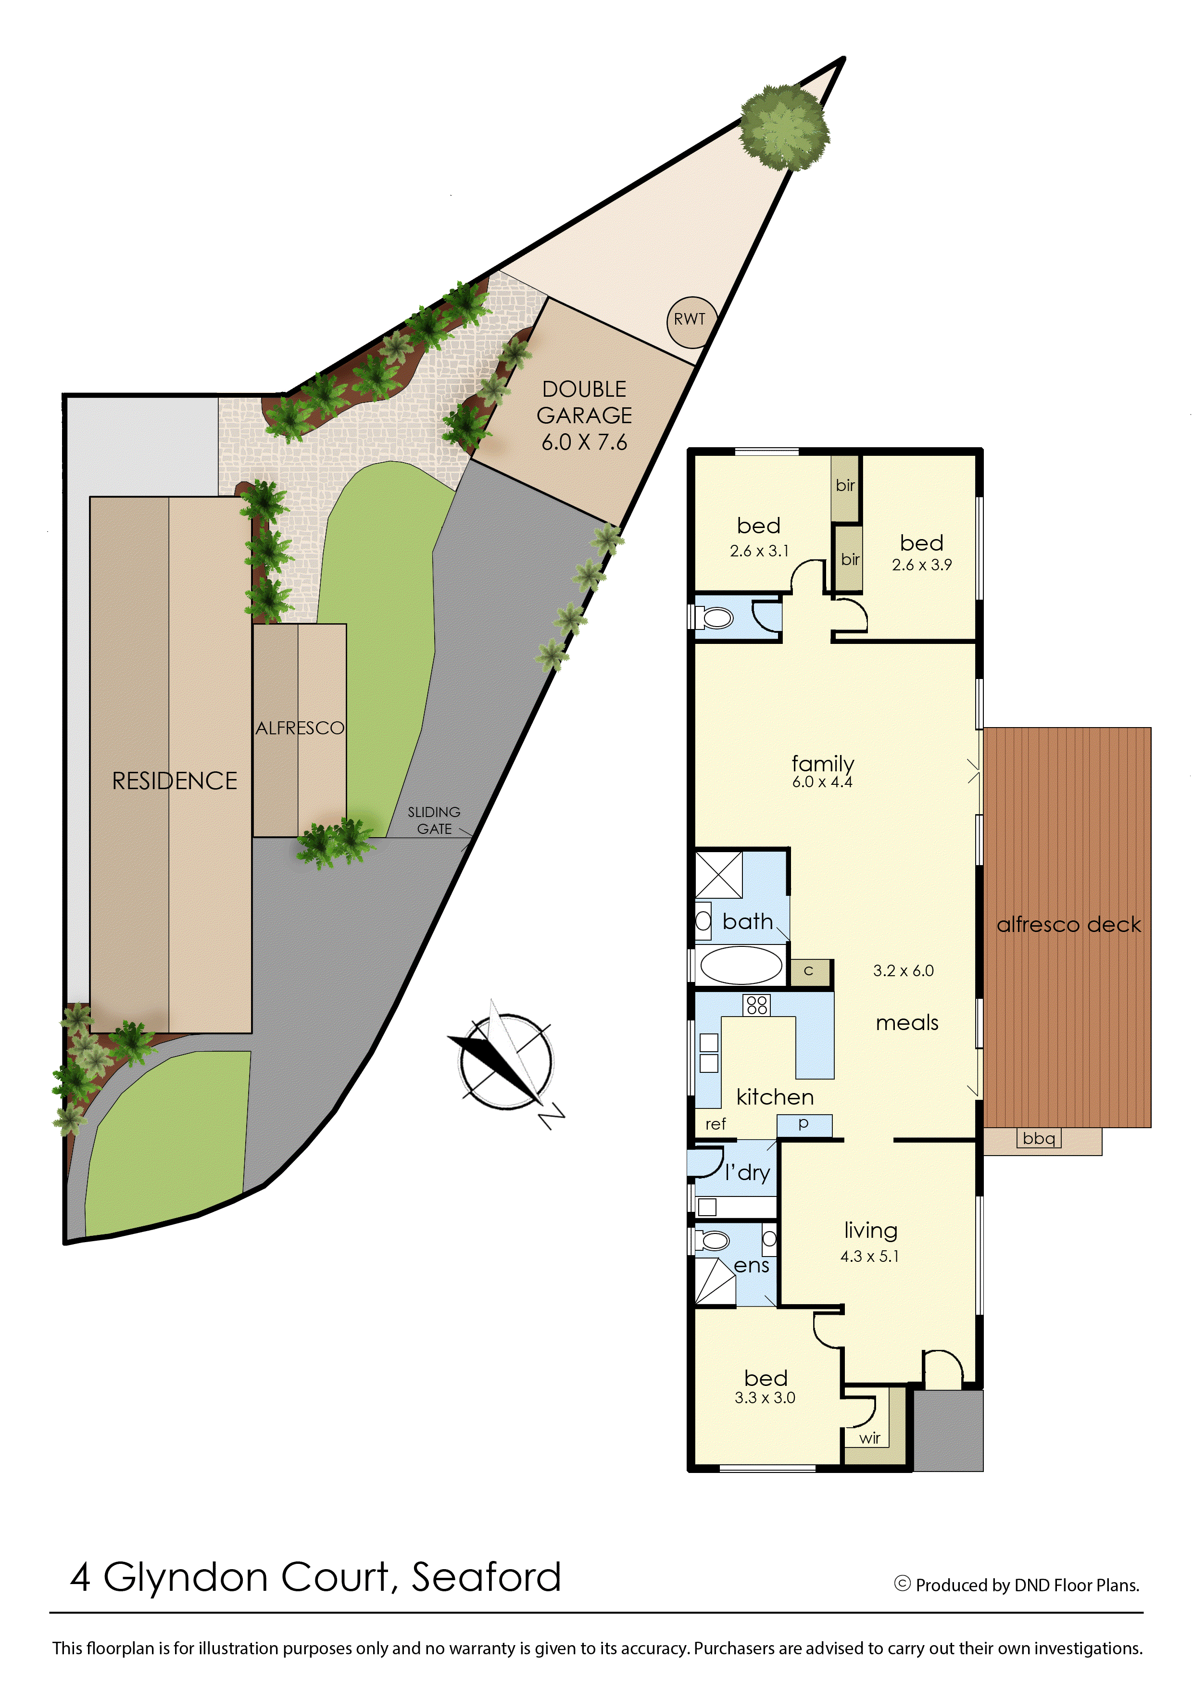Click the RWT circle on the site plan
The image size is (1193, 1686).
(x=690, y=320)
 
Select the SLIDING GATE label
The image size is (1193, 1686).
(x=434, y=820)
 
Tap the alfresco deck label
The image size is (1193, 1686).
(x=1068, y=924)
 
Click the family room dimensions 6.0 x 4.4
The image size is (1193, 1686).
(x=822, y=782)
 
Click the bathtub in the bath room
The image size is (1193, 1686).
(x=741, y=965)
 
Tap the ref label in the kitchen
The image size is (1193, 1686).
(x=716, y=1123)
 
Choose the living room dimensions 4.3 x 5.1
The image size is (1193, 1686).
(x=870, y=1256)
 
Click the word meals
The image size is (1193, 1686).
(x=907, y=1023)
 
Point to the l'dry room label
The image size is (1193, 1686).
(x=747, y=1172)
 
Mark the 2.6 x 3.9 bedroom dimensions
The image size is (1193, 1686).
(x=922, y=565)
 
